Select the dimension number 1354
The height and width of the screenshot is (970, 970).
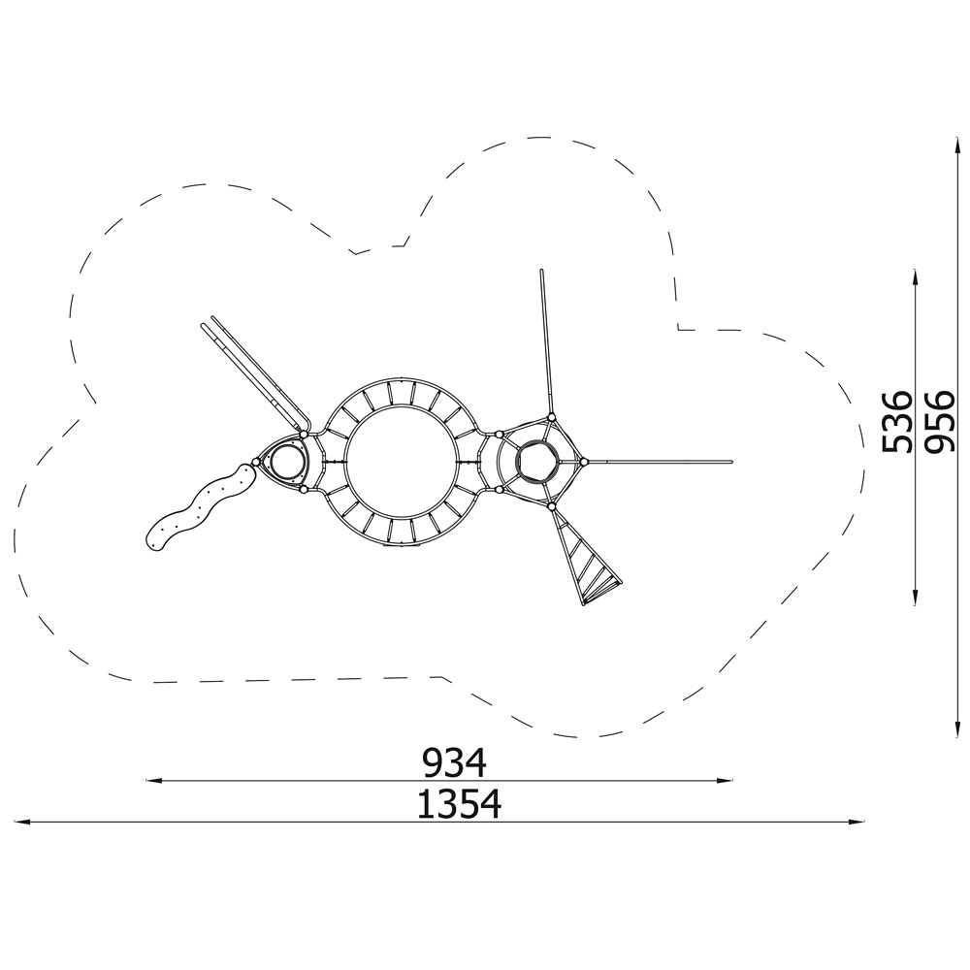[459, 804]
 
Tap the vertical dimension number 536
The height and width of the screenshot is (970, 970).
[897, 421]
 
